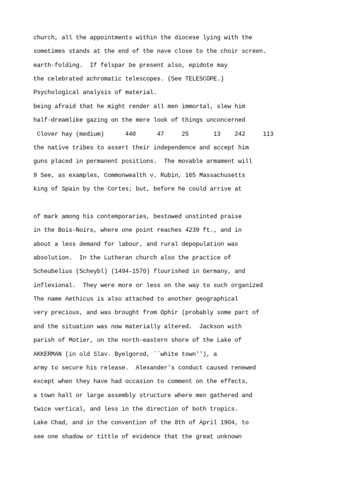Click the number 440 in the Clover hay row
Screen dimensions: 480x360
pyautogui.click(x=130, y=134)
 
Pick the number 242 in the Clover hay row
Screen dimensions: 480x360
pyautogui.click(x=240, y=134)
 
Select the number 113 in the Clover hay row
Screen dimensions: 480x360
pyautogui.click(x=268, y=134)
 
